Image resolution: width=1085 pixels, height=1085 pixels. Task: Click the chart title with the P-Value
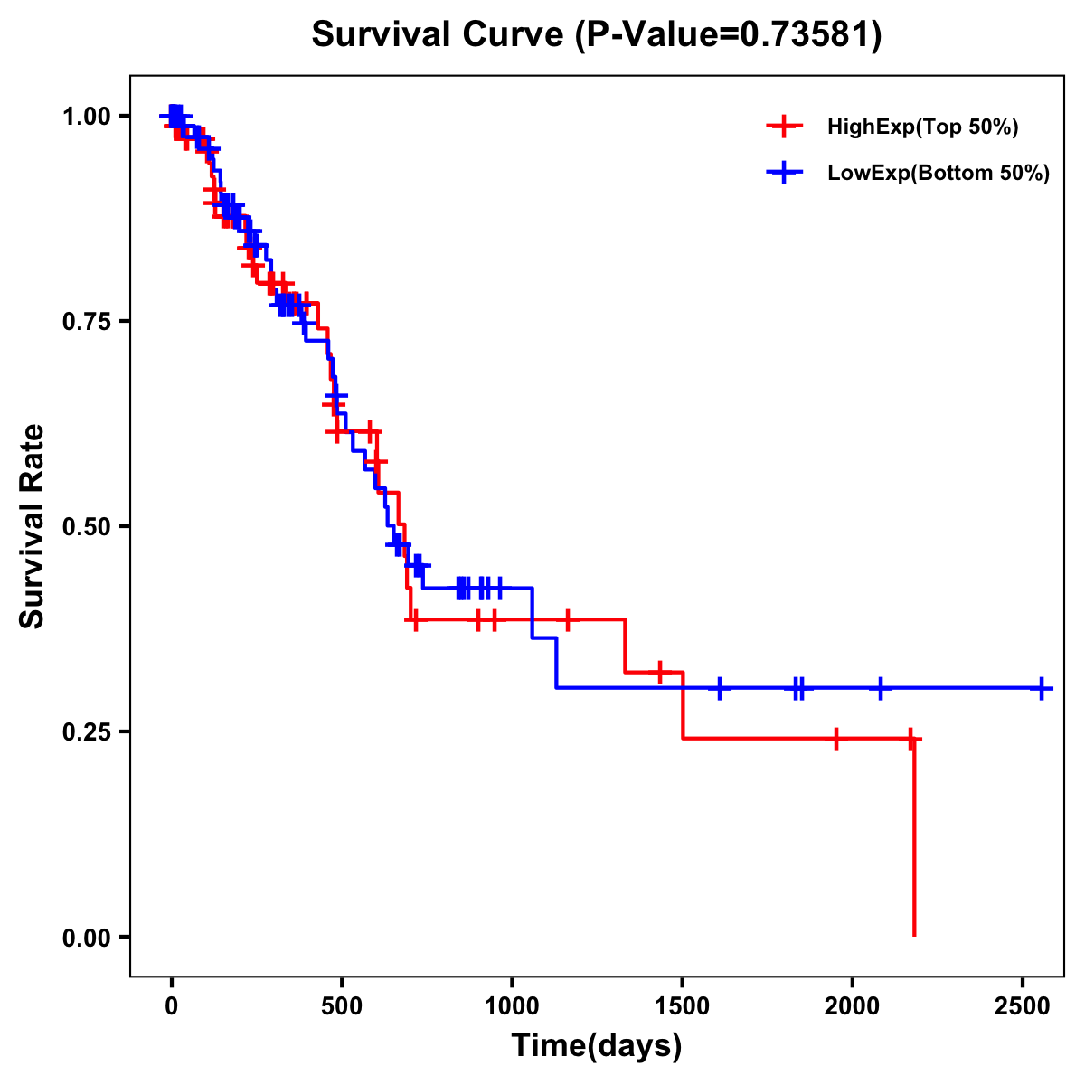[x=597, y=35]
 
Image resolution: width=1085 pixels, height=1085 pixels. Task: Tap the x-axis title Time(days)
[x=597, y=1046]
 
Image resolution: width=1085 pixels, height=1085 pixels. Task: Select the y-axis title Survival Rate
[x=33, y=526]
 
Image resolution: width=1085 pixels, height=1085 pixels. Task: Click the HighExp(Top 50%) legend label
[x=923, y=127]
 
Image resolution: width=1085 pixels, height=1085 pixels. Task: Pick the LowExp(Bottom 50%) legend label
[x=939, y=174]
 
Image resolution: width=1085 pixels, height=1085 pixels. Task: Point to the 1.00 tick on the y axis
[x=87, y=117]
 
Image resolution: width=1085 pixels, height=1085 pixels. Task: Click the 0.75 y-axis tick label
[x=87, y=322]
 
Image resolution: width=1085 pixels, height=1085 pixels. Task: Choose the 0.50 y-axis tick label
[x=87, y=527]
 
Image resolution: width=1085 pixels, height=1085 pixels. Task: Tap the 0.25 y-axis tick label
[x=87, y=731]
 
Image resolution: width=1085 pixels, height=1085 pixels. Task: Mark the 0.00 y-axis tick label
[x=87, y=937]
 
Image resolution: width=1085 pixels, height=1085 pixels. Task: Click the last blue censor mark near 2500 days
[x=1042, y=688]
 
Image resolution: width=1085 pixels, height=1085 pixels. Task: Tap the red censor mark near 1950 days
[x=836, y=739]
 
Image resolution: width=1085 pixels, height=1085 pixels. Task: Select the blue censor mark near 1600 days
[x=720, y=688]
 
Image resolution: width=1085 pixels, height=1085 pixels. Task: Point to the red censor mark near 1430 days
[x=660, y=672]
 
